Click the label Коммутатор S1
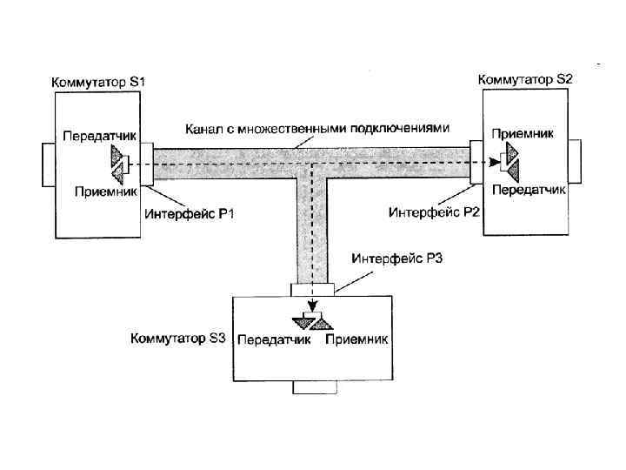(103, 81)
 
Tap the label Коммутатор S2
(526, 78)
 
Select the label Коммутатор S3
(177, 338)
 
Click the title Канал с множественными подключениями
(317, 128)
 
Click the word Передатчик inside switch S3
(274, 339)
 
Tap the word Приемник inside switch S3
(356, 339)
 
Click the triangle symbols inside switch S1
(118, 163)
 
